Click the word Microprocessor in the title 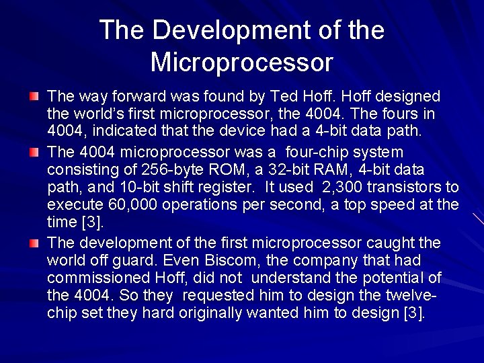241,62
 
